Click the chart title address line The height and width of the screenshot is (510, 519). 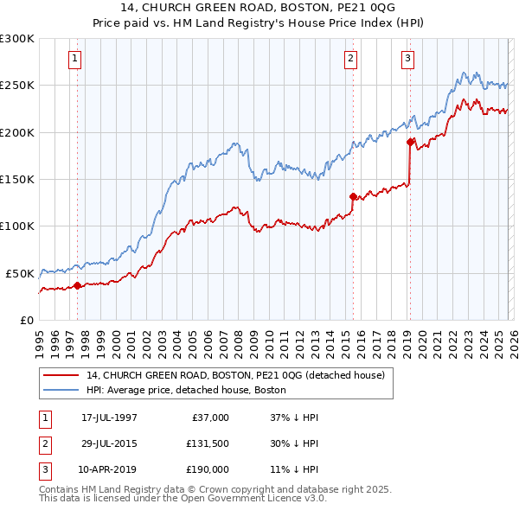coord(259,8)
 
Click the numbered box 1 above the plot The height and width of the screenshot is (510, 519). coord(76,59)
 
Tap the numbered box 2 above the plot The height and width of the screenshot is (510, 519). coord(350,59)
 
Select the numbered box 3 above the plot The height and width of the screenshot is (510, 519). coord(407,59)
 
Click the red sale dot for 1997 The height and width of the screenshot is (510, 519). coord(77,284)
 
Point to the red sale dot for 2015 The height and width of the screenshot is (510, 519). coord(353,196)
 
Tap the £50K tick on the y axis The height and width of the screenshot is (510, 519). coord(20,273)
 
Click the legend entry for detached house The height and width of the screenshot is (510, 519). coord(240,376)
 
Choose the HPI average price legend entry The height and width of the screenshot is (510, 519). coord(186,390)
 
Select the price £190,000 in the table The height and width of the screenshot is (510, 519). coord(208,469)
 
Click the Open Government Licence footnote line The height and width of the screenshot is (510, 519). coord(183,499)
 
